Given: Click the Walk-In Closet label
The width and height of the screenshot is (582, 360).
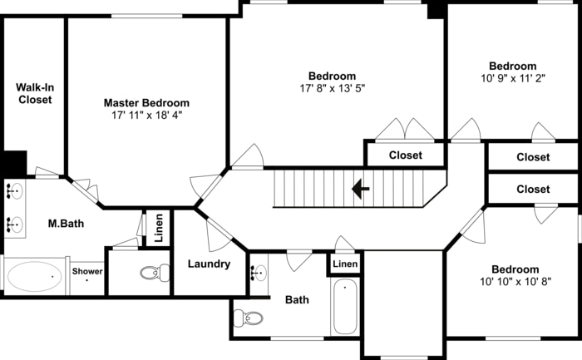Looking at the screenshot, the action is coord(35,93).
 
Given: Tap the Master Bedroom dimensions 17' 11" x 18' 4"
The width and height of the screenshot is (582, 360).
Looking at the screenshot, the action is coord(147,116).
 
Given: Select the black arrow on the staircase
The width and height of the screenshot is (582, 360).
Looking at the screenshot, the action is coord(360,189).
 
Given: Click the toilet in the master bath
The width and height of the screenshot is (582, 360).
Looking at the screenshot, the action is coord(155,274).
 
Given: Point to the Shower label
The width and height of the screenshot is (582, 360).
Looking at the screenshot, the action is coord(87,271).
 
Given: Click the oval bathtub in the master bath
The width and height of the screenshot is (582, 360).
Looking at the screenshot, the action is coord(35,277).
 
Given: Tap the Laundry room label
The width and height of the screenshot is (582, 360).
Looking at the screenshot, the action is coord(209,264).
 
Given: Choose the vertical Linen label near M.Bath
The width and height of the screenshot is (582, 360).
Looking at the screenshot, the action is coord(159,229).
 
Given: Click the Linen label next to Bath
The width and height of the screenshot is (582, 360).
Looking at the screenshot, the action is coord(345,264).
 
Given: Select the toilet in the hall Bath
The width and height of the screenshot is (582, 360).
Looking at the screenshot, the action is coord(248,318).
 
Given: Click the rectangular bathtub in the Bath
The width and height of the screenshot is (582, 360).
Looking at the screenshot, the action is coord(345,307).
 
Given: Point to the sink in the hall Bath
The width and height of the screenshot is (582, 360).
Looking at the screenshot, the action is coord(259,274).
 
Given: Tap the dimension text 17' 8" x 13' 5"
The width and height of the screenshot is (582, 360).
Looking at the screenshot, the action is coord(333,88).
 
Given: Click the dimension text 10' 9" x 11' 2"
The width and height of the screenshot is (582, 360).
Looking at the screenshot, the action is coord(513,79).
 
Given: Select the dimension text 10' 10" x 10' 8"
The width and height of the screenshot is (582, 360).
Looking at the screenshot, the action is coord(515,282).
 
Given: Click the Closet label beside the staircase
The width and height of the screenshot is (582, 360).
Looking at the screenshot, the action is coord(406,155).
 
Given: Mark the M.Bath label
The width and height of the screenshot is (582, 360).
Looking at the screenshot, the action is coord(66,224).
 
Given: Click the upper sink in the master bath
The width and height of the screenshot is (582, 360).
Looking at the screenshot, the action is coord(14,191).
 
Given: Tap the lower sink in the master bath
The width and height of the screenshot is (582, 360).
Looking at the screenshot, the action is coord(14,225).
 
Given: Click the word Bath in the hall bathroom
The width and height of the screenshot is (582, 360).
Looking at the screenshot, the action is coord(297,299).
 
